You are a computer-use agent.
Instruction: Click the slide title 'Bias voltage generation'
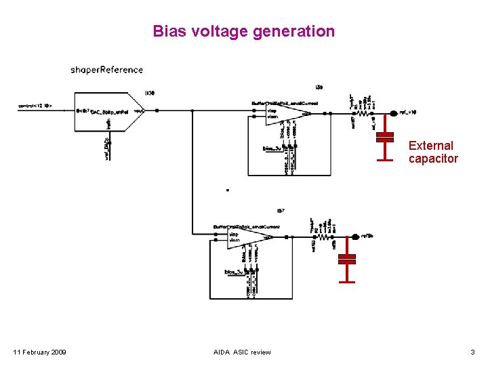point(243,31)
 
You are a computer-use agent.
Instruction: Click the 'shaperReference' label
point(106,69)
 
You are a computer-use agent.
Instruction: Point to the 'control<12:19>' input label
point(35,106)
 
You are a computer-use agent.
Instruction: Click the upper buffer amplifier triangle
point(285,113)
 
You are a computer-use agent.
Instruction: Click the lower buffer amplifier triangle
point(248,237)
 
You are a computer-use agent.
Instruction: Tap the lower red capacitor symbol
point(347,259)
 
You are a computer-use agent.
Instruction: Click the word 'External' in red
point(430,146)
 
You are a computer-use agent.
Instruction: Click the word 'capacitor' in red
point(433,159)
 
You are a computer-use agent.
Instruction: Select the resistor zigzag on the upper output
point(344,114)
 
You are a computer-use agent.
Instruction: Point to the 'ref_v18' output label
point(407,113)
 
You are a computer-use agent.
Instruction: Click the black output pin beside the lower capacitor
point(355,237)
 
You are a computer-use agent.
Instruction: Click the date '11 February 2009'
point(40,352)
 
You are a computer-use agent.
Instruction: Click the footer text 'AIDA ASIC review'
point(242,352)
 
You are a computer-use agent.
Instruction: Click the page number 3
point(472,352)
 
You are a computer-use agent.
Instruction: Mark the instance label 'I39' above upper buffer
point(319,87)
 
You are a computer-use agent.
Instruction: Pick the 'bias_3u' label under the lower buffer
point(235,272)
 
